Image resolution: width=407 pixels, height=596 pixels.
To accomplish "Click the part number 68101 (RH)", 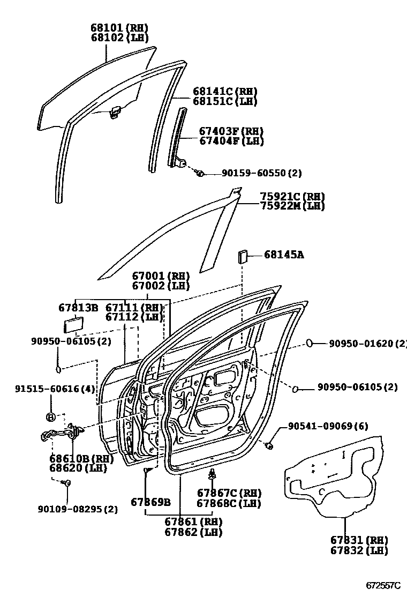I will tap(119, 28).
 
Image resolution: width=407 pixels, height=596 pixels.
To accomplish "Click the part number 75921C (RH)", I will tap(292, 197).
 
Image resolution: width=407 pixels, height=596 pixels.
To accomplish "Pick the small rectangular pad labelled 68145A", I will tap(242, 256).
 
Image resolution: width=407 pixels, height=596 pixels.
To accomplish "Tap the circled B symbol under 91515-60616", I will tap(51, 417).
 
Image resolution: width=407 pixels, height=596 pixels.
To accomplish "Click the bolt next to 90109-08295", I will tap(67, 483).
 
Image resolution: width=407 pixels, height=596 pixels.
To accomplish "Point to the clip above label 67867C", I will tap(213, 474).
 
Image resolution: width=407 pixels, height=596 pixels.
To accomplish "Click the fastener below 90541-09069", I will tap(270, 445).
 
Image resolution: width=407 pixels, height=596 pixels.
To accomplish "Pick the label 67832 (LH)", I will tap(359, 550).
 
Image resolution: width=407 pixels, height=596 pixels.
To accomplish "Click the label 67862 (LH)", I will tap(186, 532).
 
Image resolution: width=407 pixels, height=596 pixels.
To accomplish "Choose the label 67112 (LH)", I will tap(134, 317).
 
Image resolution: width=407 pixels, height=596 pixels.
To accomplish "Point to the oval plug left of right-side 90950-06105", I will tap(295, 387).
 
